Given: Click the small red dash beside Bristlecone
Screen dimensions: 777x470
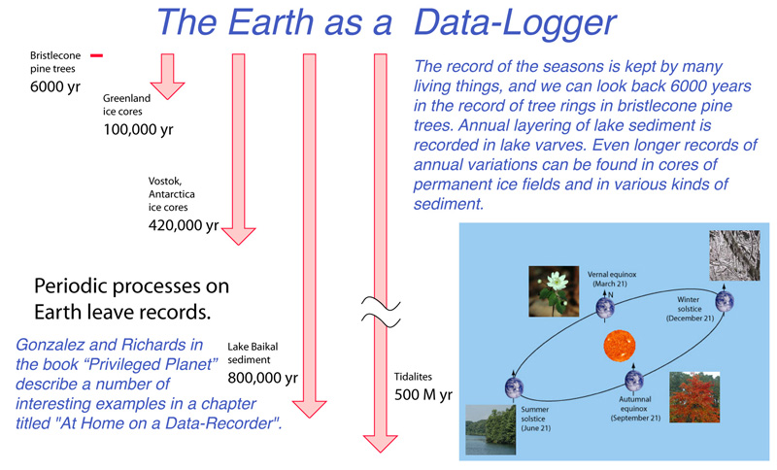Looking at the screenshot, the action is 96,55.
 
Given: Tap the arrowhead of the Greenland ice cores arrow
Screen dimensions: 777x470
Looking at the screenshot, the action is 167,89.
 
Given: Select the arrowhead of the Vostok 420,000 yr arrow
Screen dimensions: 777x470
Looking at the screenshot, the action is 238,235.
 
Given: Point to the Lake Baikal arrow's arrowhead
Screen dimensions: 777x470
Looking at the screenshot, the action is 309,408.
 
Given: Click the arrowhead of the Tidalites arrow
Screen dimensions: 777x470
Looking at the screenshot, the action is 380,443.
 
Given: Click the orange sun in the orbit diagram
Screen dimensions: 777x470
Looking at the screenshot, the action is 620,346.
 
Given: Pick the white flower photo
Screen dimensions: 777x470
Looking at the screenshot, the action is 554,291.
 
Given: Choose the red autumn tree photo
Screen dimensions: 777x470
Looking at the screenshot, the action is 694,397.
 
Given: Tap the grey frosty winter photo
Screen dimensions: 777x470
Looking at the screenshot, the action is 734,255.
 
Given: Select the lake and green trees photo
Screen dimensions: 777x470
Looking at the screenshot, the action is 490,430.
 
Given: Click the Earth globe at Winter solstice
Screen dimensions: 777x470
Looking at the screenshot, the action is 725,301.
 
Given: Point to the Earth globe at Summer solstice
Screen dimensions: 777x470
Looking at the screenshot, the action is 515,387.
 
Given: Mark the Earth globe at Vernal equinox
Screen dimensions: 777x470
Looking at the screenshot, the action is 605,308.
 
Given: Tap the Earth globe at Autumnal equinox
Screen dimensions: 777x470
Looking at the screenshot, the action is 634,381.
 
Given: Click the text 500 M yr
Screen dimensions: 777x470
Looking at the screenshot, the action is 423,394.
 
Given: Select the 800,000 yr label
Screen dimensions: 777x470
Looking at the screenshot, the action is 262,378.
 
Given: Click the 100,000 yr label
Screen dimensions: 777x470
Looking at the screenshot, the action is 138,130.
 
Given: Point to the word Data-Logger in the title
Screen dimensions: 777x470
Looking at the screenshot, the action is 515,22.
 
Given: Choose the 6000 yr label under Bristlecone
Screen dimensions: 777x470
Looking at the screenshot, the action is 55,86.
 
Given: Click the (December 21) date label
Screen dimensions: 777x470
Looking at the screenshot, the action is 690,319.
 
